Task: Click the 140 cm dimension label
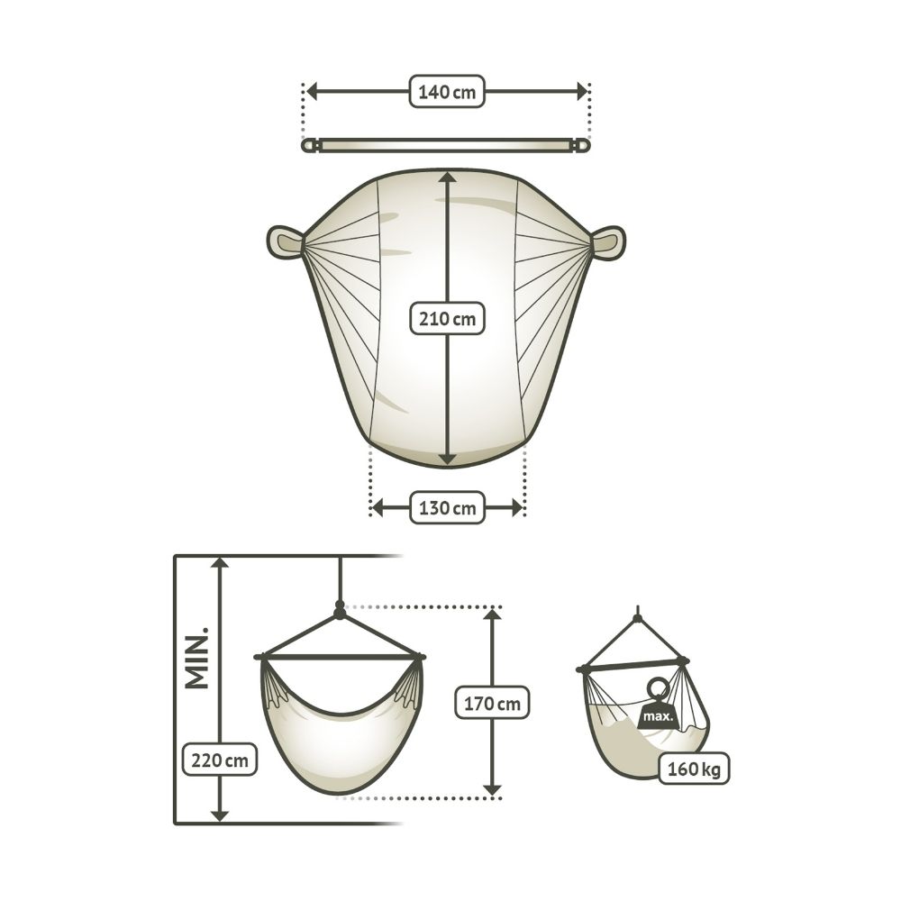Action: point(447,91)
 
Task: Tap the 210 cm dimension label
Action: point(447,318)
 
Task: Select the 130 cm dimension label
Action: point(447,507)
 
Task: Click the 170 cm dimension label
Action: point(492,702)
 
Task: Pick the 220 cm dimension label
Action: point(220,760)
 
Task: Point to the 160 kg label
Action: point(694,769)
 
